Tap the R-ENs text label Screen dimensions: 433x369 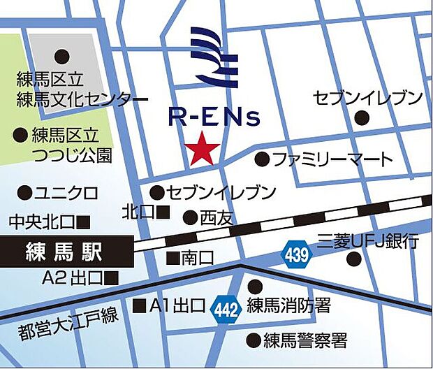pyautogui.click(x=214, y=116)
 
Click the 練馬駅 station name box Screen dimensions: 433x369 pyautogui.click(x=65, y=249)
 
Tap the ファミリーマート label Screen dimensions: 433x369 pyautogui.click(x=332, y=159)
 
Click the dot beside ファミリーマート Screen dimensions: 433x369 pyautogui.click(x=262, y=159)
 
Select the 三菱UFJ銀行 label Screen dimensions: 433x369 pyautogui.click(x=368, y=242)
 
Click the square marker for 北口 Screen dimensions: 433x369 pyautogui.click(x=164, y=210)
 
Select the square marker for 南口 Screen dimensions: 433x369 pyautogui.click(x=173, y=257)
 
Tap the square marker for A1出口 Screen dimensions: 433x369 pyautogui.click(x=140, y=305)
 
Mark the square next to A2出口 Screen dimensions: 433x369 pyautogui.click(x=112, y=277)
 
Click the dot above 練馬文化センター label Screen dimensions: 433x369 pyautogui.click(x=64, y=55)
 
